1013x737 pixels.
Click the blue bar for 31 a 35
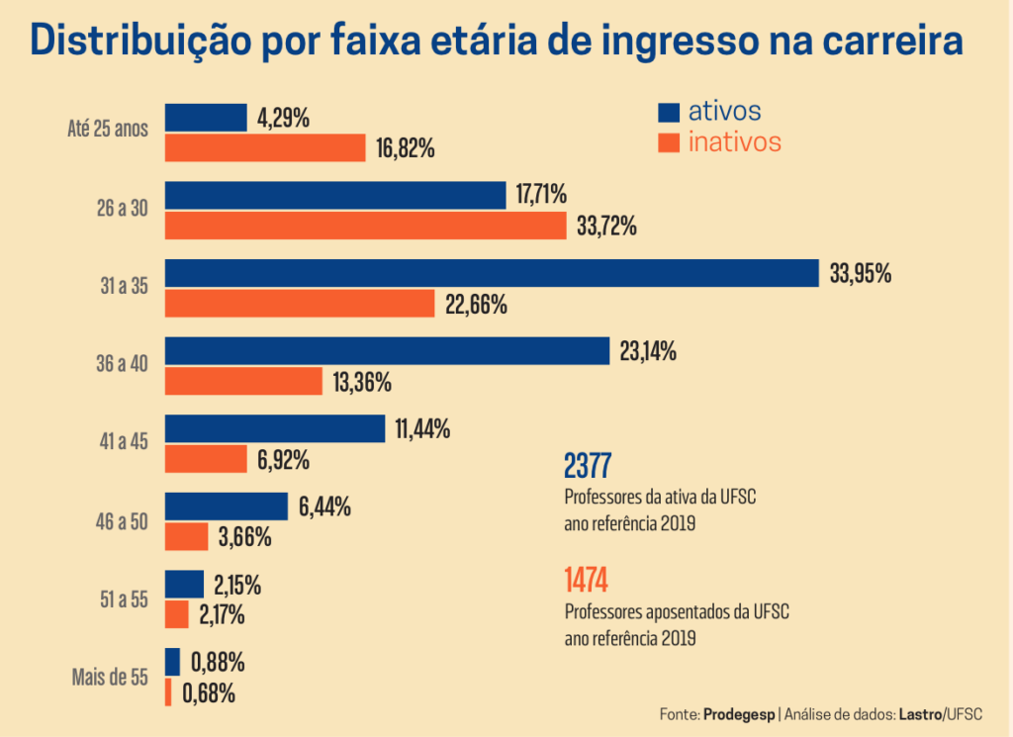[x=492, y=273]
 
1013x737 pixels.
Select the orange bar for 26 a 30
[x=366, y=226]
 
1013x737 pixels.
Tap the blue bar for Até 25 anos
[x=206, y=118]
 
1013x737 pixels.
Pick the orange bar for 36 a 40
[x=243, y=381]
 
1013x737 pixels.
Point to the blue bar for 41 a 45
[x=275, y=428]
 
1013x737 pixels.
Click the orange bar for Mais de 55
[x=168, y=692]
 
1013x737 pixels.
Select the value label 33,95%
[x=861, y=274]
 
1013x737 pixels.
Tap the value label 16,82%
[x=406, y=149]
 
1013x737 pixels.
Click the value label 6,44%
[x=324, y=507]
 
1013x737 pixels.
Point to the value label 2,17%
[x=222, y=615]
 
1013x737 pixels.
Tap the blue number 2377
[x=588, y=465]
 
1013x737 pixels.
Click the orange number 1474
[x=586, y=580]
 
